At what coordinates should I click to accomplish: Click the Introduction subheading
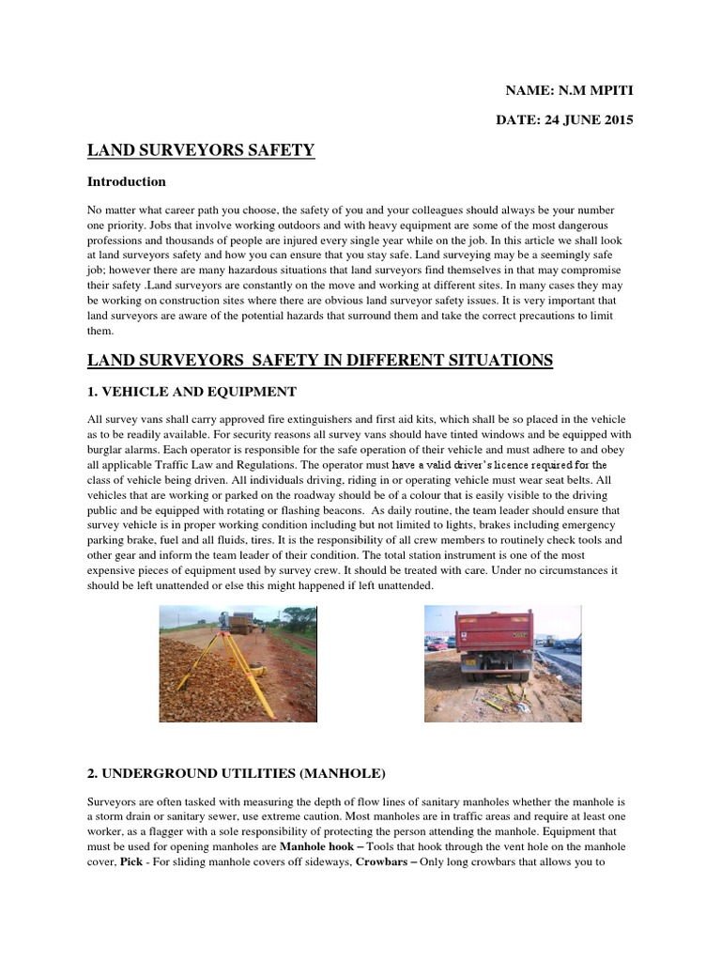(x=127, y=181)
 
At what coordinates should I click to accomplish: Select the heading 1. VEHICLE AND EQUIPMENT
(x=192, y=391)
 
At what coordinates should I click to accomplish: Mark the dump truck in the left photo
(x=242, y=624)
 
